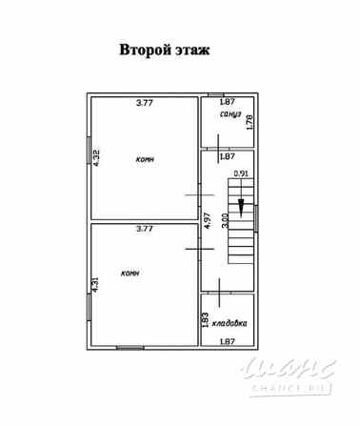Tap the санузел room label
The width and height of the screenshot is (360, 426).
click(230, 113)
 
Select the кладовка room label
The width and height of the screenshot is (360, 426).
click(230, 322)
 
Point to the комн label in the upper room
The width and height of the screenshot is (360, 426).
click(144, 160)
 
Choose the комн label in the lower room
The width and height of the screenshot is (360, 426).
click(130, 273)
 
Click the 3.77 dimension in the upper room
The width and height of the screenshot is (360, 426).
click(146, 102)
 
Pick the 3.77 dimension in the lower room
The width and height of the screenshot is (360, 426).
click(146, 229)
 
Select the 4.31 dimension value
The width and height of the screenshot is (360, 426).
click(95, 283)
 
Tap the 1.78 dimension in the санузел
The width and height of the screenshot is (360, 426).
click(250, 121)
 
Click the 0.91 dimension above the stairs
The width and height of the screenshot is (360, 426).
click(241, 173)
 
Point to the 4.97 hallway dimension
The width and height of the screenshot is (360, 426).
click(208, 225)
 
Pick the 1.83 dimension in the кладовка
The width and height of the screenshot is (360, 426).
click(206, 319)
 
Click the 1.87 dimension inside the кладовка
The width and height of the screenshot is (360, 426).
click(228, 341)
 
